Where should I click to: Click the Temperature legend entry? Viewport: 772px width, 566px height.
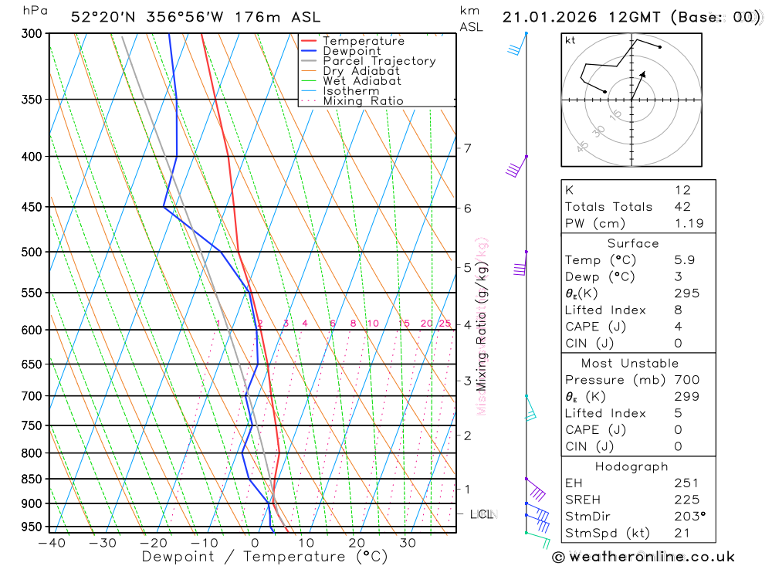pos(363,41)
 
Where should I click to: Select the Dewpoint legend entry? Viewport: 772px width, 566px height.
pos(352,51)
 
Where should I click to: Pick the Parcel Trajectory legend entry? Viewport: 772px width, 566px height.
pos(379,61)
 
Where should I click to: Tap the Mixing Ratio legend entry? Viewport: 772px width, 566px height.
pos(363,101)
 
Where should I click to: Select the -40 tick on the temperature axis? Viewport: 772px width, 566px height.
pos(52,543)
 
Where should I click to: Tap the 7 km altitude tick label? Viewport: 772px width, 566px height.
pos(467,148)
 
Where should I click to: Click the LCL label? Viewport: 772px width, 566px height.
pos(481,514)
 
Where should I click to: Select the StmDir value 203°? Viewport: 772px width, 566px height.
pos(689,516)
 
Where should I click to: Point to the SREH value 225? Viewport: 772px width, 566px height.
pos(686,500)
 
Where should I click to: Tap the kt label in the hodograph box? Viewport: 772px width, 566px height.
pos(571,40)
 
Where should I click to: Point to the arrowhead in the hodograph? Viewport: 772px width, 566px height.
pos(642,74)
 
